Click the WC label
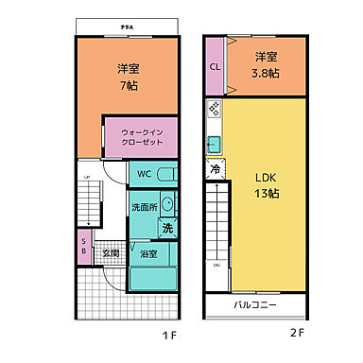point(144,174)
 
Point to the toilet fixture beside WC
point(165,175)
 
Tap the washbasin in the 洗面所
point(167,203)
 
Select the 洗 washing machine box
point(166,228)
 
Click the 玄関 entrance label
point(111,252)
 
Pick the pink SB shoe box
point(84,246)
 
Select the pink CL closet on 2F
point(214,67)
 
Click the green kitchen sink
point(214,145)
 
